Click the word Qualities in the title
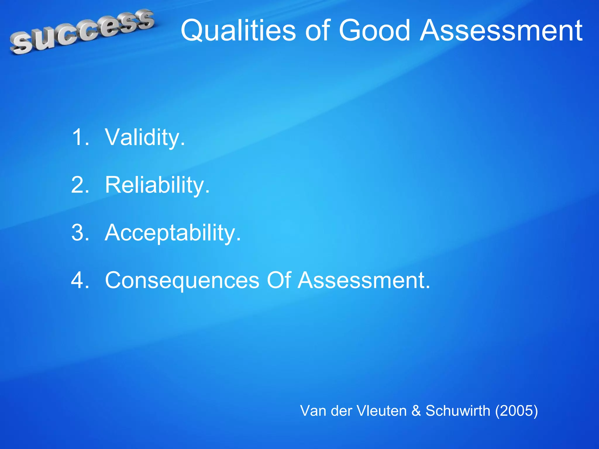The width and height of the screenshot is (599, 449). [238, 30]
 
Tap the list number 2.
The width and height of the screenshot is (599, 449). [80, 185]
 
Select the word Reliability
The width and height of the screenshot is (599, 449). [157, 185]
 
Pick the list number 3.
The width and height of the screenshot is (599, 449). [80, 232]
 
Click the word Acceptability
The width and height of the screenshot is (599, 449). [173, 232]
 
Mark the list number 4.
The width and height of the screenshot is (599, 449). [80, 280]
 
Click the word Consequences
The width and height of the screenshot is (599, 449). [182, 280]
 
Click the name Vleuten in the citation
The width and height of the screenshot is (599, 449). [381, 411]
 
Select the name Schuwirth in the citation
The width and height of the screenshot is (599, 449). [458, 411]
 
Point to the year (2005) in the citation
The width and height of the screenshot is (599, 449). [516, 411]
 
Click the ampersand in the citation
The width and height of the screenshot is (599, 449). [416, 411]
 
